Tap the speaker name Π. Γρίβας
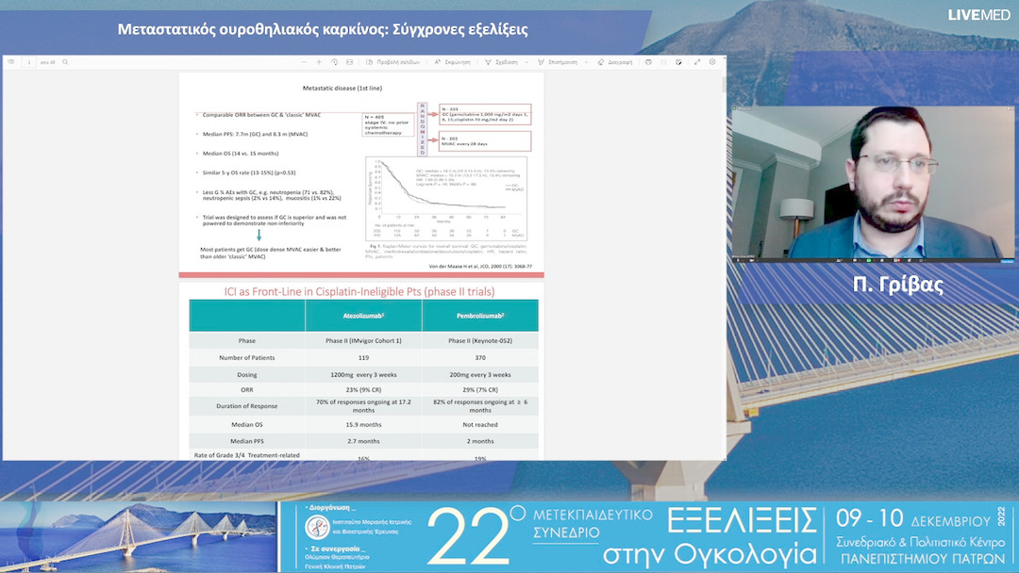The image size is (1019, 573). (897, 286)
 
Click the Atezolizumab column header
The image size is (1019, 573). (363, 316)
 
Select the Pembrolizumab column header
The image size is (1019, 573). (479, 316)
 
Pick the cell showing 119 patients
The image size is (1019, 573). (363, 357)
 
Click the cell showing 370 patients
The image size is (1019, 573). (479, 357)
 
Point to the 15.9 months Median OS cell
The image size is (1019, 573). (363, 424)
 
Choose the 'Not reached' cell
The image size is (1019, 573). (479, 424)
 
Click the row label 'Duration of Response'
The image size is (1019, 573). (246, 406)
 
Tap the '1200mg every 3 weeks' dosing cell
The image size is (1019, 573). (363, 374)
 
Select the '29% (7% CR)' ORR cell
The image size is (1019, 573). (479, 390)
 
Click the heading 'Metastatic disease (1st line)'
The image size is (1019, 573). (342, 87)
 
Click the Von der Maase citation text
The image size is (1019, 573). (480, 267)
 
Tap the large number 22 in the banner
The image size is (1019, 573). (469, 538)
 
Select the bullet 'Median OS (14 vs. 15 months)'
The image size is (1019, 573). (241, 153)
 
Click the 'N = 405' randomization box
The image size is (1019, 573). (387, 123)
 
